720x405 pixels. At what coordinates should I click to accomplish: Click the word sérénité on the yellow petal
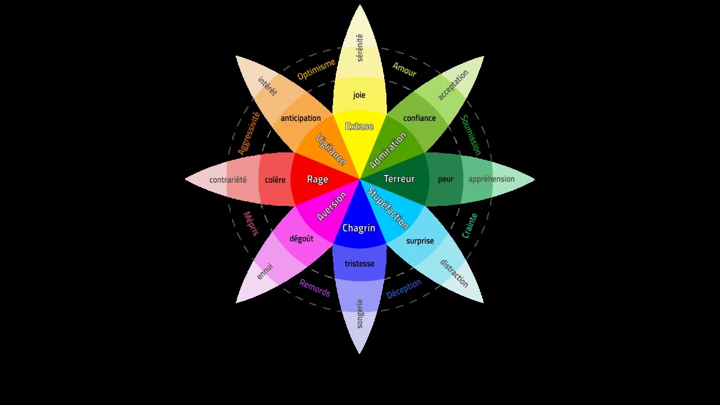[x=360, y=48]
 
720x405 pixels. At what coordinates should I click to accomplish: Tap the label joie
[x=359, y=95]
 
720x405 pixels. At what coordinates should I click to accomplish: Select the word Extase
[x=359, y=126]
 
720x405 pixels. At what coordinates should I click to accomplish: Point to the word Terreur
[x=399, y=179]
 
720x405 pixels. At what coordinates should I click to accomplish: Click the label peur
[x=445, y=179]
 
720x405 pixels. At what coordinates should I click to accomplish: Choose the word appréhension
[x=491, y=179]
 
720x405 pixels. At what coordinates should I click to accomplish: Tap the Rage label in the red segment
[x=317, y=179]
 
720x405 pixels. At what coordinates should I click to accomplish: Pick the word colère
[x=275, y=180]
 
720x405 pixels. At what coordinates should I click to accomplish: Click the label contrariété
[x=228, y=180]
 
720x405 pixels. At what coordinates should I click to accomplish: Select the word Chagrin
[x=359, y=228]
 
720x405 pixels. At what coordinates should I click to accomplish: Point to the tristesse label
[x=359, y=264]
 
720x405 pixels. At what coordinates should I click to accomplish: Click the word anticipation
[x=300, y=118]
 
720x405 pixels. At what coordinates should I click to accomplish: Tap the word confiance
[x=419, y=118]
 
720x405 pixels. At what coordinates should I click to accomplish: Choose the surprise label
[x=420, y=241]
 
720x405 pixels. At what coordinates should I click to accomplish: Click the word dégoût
[x=301, y=238]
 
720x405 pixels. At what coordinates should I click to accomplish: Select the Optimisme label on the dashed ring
[x=316, y=69]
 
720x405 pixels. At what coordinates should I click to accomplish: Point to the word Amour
[x=404, y=69]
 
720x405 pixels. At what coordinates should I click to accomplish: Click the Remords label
[x=314, y=287]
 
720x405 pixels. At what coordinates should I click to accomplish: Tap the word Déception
[x=404, y=289]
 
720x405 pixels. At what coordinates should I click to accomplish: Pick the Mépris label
[x=251, y=223]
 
